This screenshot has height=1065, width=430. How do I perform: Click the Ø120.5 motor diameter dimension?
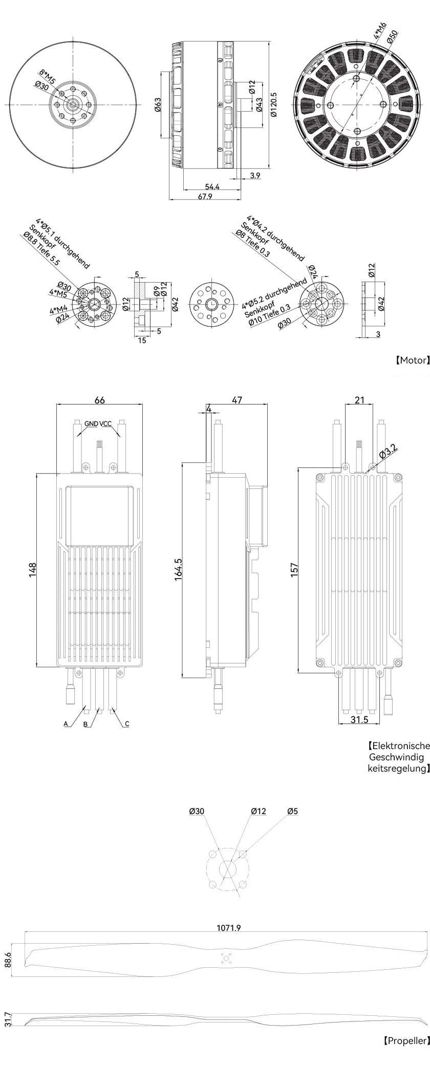coord(273,105)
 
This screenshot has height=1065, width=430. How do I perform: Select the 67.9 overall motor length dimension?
coord(205,197)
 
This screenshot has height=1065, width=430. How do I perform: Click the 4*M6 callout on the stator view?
coord(380,31)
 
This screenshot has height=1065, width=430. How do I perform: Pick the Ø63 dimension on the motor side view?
coord(158,104)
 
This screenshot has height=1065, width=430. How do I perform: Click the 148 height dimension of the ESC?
coord(33,570)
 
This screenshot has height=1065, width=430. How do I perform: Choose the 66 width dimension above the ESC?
coord(100,400)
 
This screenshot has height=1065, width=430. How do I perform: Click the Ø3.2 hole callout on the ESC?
coord(388,452)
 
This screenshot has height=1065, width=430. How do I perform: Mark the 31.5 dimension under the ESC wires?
coord(359,719)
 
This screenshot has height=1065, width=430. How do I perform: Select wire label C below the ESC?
coord(127,723)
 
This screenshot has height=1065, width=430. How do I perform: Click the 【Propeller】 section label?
coord(406,1040)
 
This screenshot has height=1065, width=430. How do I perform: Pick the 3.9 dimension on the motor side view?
coord(255,176)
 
